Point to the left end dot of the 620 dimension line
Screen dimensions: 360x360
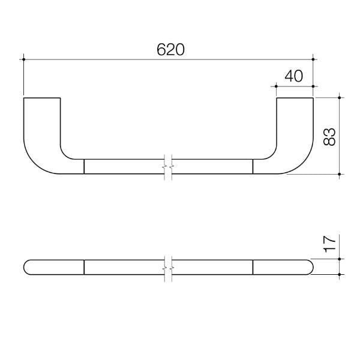click(x=23, y=59)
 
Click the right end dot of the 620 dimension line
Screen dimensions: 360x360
click(x=313, y=59)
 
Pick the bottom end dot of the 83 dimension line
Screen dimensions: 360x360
click(x=340, y=174)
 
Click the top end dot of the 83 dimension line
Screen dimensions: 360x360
click(x=340, y=97)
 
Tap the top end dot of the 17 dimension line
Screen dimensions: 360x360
click(x=340, y=259)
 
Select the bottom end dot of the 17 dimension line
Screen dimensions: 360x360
click(x=340, y=274)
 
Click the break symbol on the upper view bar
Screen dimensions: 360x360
click(x=168, y=166)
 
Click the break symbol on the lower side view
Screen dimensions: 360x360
click(x=168, y=267)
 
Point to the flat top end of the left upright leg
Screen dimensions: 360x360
click(x=42, y=97)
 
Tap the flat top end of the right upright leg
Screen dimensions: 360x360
click(x=295, y=97)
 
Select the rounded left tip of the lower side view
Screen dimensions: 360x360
click(x=25, y=267)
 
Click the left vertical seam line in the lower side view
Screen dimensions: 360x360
click(x=84, y=267)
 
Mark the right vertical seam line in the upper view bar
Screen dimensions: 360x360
click(x=253, y=166)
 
